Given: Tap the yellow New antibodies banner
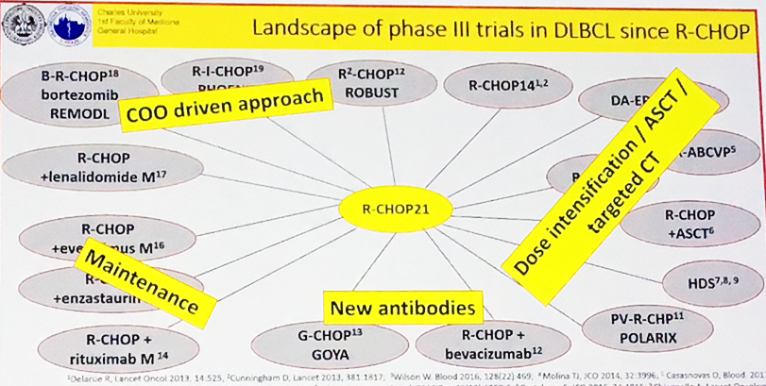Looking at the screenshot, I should click(x=401, y=307).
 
